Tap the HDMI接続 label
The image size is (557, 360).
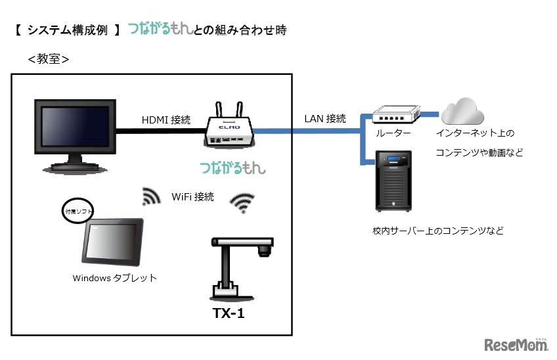(166, 120)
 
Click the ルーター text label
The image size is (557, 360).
(393, 133)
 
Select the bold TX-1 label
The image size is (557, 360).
(229, 314)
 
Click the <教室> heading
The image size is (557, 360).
(49, 59)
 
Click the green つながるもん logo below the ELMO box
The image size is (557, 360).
(233, 167)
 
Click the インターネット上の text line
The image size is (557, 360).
(475, 133)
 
